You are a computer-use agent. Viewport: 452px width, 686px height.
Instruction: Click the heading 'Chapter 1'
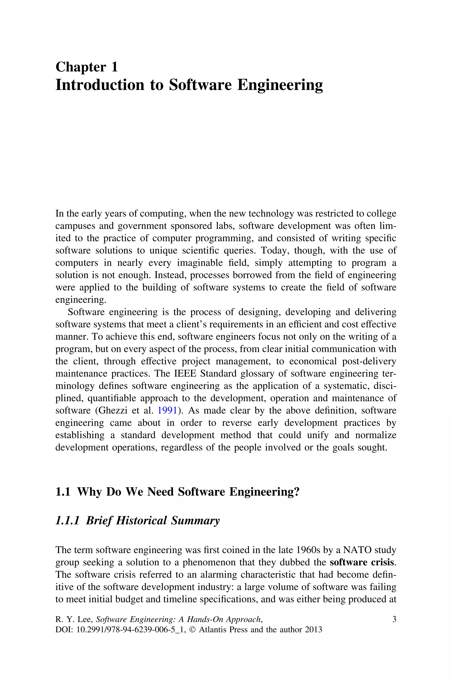[x=87, y=67]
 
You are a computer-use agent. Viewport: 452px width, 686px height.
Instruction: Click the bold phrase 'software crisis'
[x=362, y=562]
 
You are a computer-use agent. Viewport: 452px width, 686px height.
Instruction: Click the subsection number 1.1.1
[x=67, y=521]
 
